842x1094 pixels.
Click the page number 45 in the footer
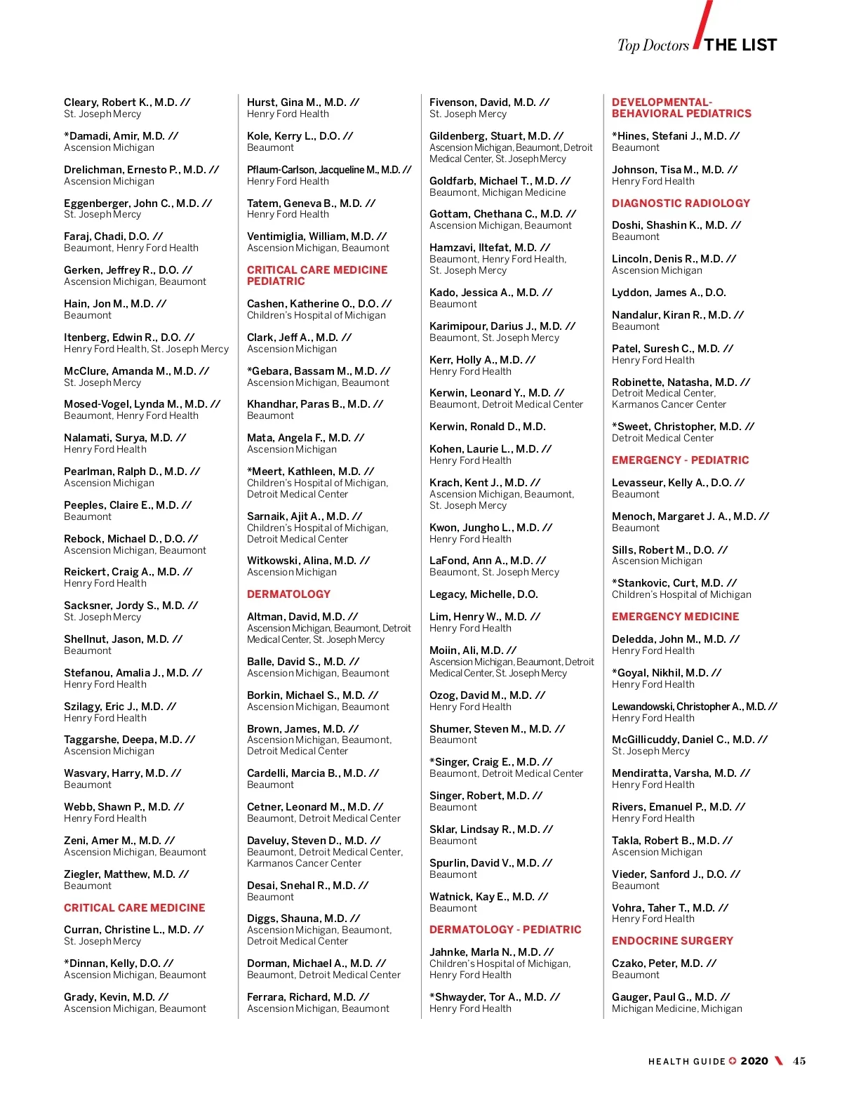pos(799,1061)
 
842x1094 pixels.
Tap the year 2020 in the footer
pos(754,1061)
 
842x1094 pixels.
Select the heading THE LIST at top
pos(740,45)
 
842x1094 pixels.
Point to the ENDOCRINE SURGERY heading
pos(672,941)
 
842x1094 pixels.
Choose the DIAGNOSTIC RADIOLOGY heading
pos(681,204)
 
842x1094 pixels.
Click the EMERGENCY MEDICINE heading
pos(675,617)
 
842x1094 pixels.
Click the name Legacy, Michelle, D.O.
pos(483,594)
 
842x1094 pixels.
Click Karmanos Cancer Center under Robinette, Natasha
pos(669,404)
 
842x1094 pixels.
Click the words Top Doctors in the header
pos(653,46)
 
